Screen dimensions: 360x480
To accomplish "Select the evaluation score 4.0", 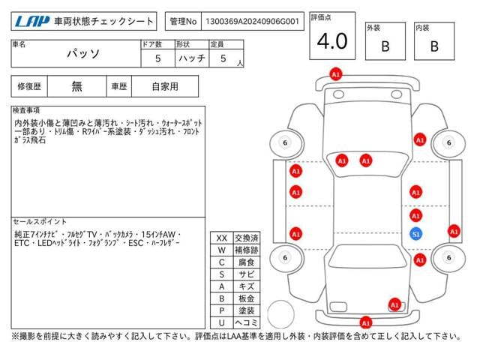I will click(x=331, y=41).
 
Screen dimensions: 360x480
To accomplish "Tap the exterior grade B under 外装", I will click(x=385, y=46).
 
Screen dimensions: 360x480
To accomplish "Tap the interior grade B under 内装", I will click(x=433, y=46).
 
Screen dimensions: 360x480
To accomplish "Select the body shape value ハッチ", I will click(x=189, y=58).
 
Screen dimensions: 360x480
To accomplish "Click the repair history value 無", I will click(x=77, y=86).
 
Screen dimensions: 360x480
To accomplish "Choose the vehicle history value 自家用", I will click(x=165, y=86).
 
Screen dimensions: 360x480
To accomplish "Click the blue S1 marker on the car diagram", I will click(x=415, y=234).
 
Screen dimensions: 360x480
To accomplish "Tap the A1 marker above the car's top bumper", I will click(x=335, y=74).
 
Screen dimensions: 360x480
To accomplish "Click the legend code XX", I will click(x=221, y=238).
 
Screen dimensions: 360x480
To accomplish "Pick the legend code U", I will click(x=221, y=322).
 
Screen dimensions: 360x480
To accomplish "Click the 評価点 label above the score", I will click(x=323, y=16).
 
